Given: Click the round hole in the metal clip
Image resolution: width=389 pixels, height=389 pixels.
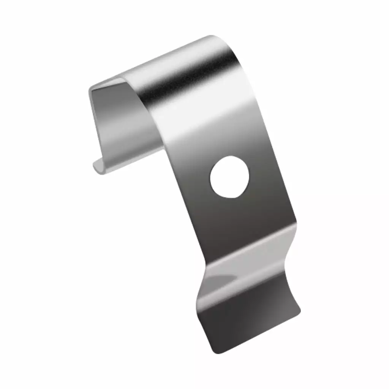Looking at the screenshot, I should coord(229,177).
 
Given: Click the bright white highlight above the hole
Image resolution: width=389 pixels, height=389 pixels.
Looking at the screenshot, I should coord(213,122).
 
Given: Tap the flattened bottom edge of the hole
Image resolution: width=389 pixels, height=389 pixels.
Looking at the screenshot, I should coord(229,196).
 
